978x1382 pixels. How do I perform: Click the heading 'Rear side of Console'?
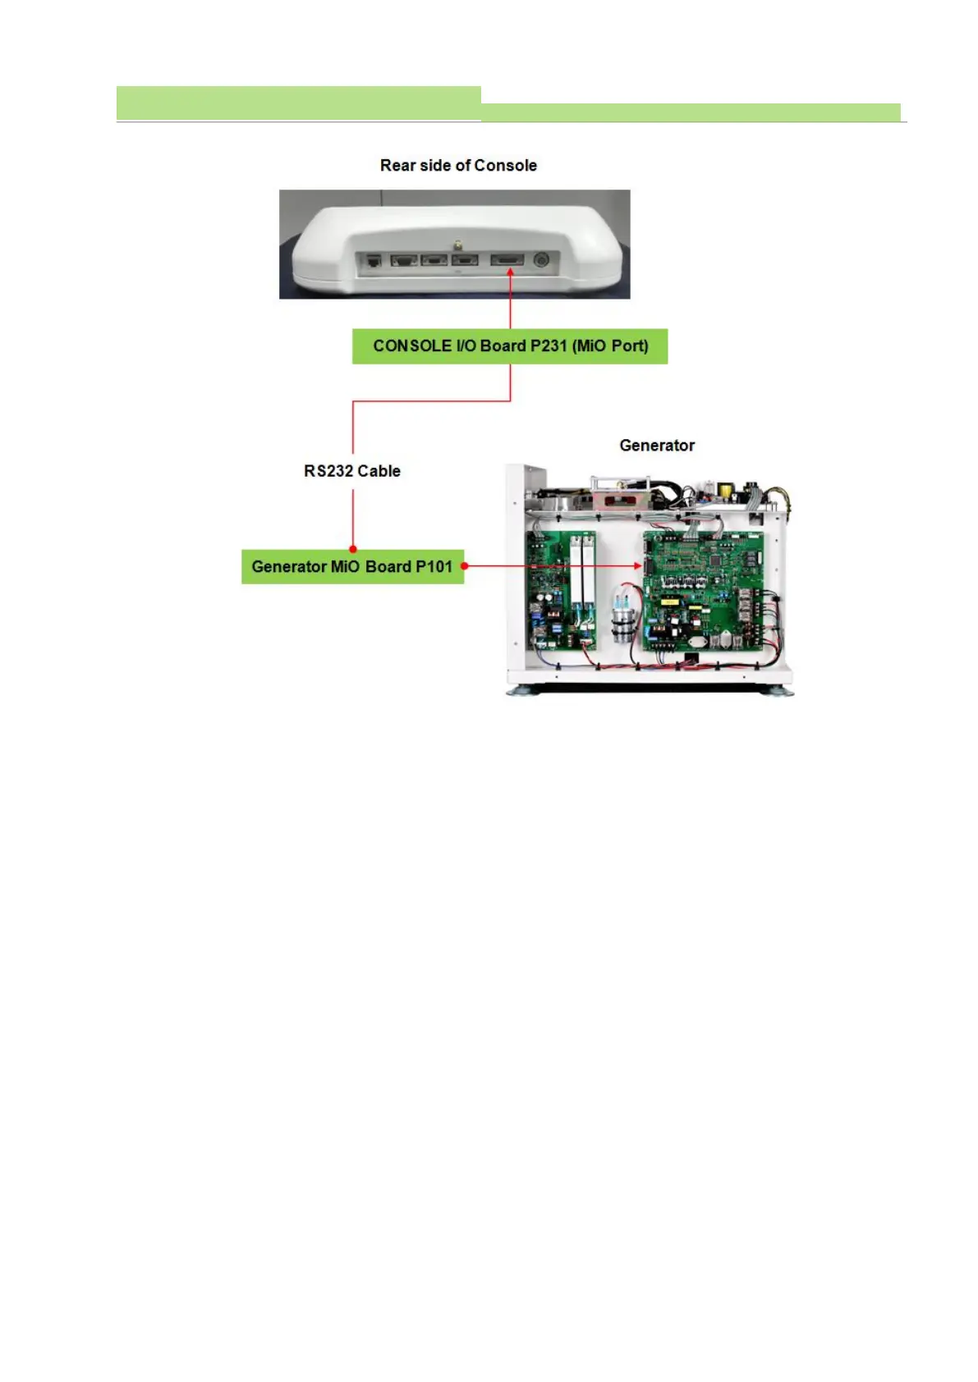click(458, 165)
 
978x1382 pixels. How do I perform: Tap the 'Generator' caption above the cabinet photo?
click(657, 446)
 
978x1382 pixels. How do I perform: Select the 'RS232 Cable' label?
click(352, 471)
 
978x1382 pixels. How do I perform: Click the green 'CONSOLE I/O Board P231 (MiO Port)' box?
click(510, 346)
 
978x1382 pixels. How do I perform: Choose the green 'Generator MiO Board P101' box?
click(352, 566)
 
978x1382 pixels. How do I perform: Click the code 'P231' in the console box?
click(549, 346)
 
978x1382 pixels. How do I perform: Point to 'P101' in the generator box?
click(434, 566)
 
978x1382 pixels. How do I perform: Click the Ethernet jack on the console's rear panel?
click(374, 261)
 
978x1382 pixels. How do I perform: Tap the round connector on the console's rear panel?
click(540, 260)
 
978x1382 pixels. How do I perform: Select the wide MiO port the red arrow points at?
click(507, 260)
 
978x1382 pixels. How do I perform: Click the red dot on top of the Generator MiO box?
click(353, 549)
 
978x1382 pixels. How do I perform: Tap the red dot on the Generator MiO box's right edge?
click(465, 566)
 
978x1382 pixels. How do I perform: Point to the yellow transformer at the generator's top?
click(725, 492)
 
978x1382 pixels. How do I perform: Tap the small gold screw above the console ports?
click(457, 244)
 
